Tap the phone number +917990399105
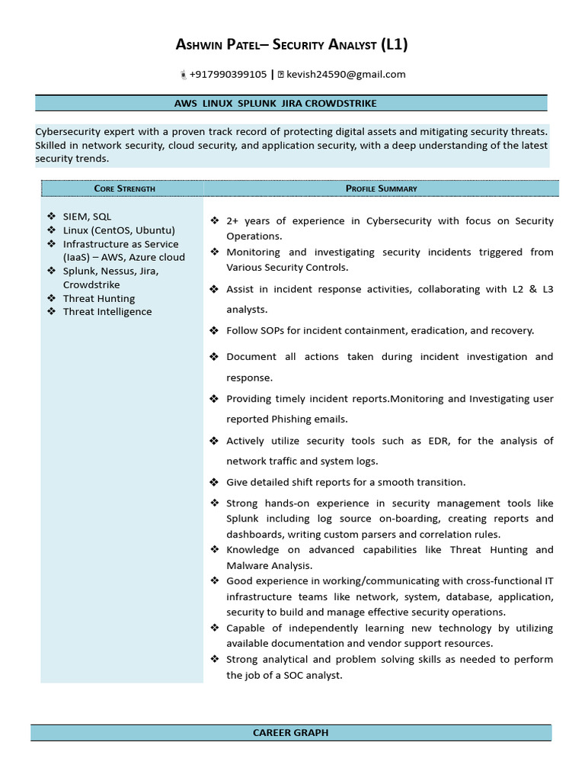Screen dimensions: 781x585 pos(228,74)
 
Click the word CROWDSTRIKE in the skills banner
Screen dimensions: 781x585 pos(340,103)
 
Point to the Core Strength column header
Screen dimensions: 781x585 pos(124,188)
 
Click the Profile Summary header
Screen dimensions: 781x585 pos(381,188)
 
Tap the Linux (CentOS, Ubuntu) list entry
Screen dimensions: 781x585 pos(119,230)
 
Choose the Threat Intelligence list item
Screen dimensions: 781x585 pos(107,312)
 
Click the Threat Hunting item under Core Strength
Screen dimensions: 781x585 pos(99,298)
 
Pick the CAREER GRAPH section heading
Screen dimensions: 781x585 pos(291,733)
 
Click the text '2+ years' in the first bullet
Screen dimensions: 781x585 pos(248,221)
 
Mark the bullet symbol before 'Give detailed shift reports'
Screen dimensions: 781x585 pos(215,482)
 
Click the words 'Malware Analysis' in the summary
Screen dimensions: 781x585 pos(269,566)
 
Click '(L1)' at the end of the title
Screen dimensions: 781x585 pos(394,45)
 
